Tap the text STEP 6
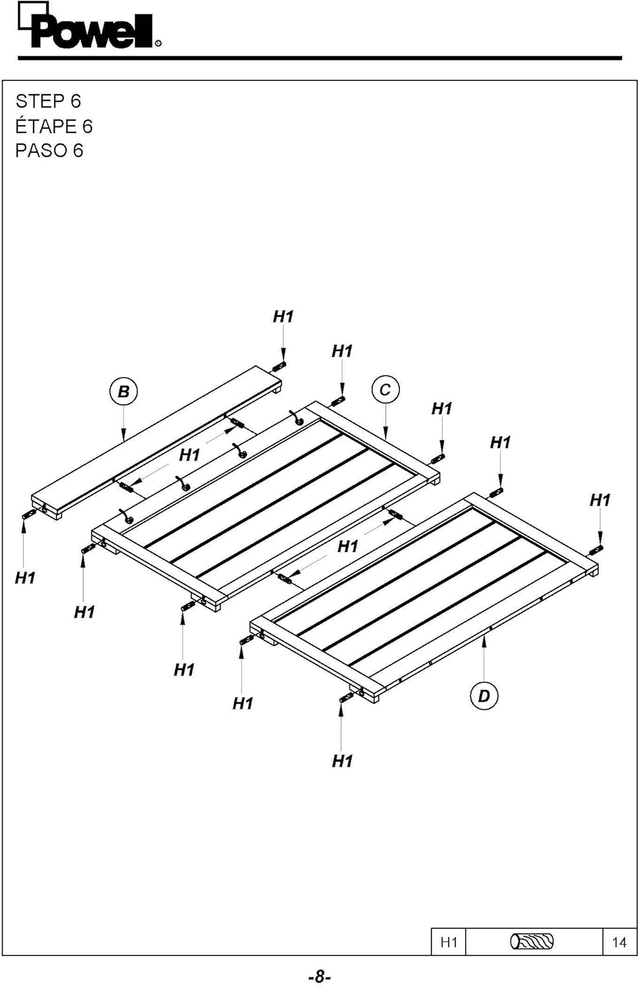coord(48,101)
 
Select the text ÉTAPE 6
coord(54,126)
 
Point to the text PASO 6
coord(49,151)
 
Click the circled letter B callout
coord(123,392)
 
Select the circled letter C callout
coord(385,390)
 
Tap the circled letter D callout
coord(483,696)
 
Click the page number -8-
coord(319,976)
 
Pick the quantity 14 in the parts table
coord(619,942)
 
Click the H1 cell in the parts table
coord(449,942)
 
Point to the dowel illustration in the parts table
coord(532,942)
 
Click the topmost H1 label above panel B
coord(283,316)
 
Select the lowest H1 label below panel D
coord(342,761)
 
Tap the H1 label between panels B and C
coord(189,455)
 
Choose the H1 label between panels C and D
coord(347,546)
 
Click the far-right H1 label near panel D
coord(600,500)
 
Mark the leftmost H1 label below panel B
coord(25,578)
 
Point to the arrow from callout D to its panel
coord(484,658)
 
